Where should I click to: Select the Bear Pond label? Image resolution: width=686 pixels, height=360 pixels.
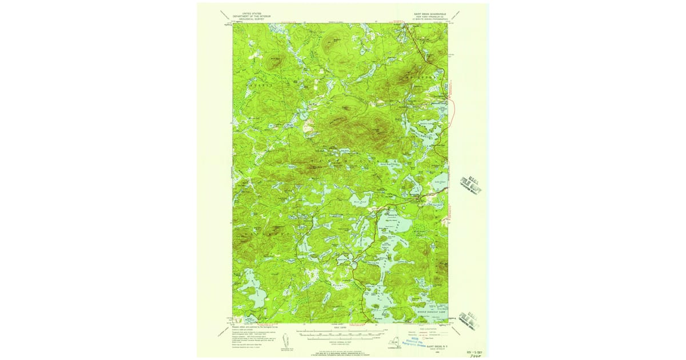[x=359, y=201]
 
